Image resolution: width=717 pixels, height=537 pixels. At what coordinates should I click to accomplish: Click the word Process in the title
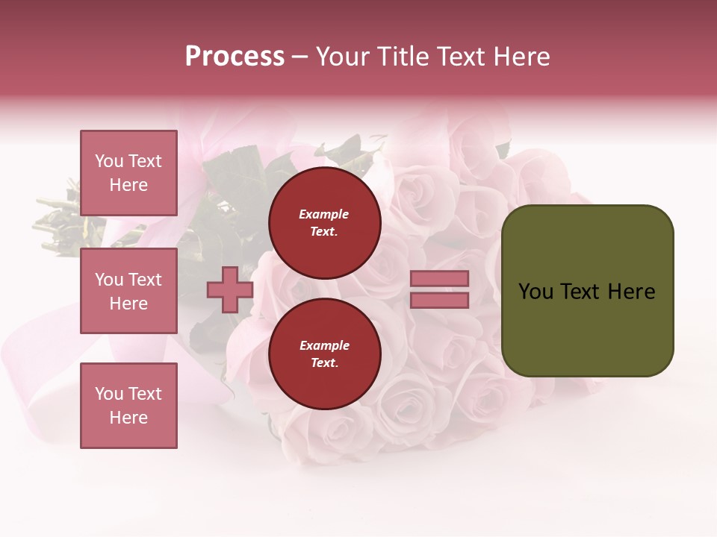click(x=235, y=57)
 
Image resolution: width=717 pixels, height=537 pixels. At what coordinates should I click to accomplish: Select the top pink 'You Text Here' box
click(x=128, y=173)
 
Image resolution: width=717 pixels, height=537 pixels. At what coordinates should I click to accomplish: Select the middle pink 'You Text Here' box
click(x=128, y=291)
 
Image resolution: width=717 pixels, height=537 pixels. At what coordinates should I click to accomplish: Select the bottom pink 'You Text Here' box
click(x=128, y=405)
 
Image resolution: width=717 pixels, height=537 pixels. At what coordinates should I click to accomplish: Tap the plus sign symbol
click(x=229, y=289)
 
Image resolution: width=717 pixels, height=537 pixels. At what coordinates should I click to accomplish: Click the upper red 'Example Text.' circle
click(x=324, y=223)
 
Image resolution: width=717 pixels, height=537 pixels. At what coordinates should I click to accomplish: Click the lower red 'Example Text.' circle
click(x=324, y=354)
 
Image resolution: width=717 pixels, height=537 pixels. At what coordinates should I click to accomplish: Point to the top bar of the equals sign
click(x=439, y=278)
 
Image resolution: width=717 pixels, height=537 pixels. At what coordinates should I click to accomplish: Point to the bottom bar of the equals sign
click(x=439, y=301)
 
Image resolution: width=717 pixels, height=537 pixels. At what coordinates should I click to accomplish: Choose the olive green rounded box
click(x=587, y=290)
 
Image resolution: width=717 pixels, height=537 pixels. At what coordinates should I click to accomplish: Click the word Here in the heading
click(x=520, y=57)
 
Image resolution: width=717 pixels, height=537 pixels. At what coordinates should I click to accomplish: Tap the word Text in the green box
click(x=581, y=292)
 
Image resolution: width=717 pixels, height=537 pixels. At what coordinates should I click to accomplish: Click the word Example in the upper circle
click(x=323, y=215)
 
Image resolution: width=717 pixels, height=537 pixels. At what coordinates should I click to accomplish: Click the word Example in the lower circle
click(x=324, y=346)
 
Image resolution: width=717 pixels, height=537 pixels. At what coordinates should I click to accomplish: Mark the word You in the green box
click(x=536, y=292)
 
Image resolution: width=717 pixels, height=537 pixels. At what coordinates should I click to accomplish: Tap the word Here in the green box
click(x=632, y=292)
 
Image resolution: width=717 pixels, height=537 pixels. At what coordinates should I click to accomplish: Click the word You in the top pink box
click(x=109, y=161)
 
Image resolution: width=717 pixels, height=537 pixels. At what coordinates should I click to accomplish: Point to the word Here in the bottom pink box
click(x=128, y=418)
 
